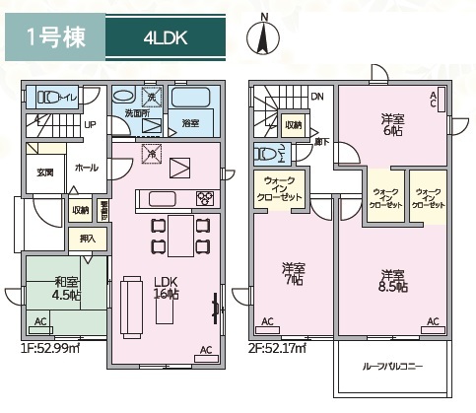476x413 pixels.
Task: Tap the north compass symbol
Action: (x=263, y=37)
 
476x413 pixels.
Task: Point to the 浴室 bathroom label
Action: (x=190, y=122)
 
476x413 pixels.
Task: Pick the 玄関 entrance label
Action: (x=45, y=172)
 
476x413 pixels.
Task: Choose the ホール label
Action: (x=87, y=168)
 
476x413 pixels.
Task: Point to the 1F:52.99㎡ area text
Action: (x=50, y=346)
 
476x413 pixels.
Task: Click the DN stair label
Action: (x=316, y=97)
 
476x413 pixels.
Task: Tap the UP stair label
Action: (x=89, y=125)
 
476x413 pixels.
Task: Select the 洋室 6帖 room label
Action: (x=393, y=126)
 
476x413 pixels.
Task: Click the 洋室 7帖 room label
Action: (x=293, y=274)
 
